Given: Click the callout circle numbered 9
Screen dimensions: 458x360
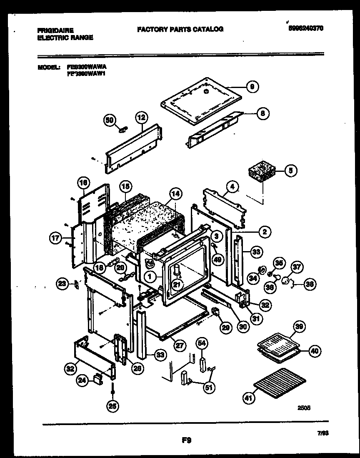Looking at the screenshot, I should click(252, 87).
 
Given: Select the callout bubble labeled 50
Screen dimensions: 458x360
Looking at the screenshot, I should click(109, 120).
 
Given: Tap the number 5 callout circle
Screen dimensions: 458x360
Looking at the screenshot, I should click(290, 170).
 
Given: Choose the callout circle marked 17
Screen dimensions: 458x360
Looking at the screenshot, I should click(55, 239).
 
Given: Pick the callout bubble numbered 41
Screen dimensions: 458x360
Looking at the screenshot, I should click(249, 398).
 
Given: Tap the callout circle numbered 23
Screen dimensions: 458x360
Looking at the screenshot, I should click(62, 284).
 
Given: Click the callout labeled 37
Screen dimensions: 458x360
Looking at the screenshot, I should click(297, 267).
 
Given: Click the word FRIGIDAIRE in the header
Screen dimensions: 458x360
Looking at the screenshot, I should click(55, 30).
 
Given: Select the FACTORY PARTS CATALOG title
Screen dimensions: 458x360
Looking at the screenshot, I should click(180, 29).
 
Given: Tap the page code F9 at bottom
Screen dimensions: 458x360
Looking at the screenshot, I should click(186, 440).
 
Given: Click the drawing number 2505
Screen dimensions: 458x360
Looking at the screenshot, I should click(304, 409).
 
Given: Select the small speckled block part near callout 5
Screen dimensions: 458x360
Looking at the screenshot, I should click(262, 172).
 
